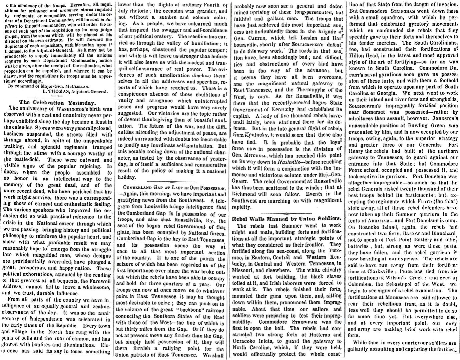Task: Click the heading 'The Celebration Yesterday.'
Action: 56,102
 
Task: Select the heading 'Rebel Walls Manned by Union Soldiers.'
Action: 286,218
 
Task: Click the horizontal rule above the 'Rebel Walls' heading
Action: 286,212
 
